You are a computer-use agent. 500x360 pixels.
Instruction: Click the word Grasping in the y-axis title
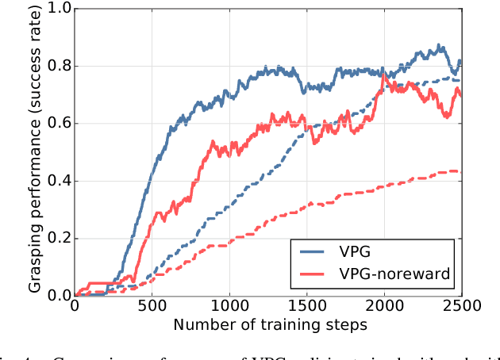(37, 255)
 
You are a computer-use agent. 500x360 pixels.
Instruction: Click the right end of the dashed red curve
(460, 171)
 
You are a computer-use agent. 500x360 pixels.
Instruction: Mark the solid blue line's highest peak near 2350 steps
(438, 45)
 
